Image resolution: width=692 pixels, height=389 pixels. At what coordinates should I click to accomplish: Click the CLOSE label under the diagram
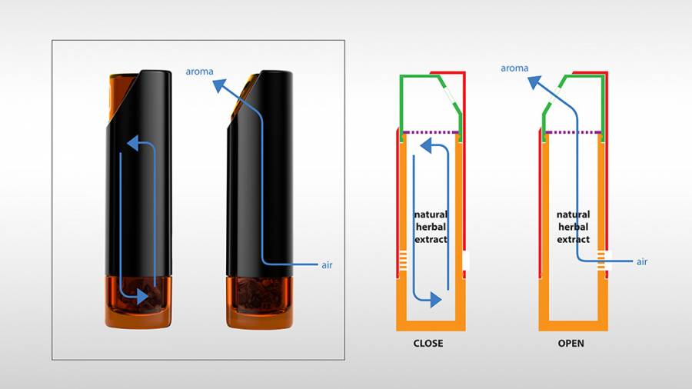428,343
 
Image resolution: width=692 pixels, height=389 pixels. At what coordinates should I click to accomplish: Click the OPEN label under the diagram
571,343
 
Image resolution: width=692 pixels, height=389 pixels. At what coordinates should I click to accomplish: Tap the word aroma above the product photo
199,71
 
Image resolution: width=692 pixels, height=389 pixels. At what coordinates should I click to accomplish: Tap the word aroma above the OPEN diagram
514,68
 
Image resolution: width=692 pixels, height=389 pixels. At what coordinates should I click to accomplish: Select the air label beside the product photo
327,265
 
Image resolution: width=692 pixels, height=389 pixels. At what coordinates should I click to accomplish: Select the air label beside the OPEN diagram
642,261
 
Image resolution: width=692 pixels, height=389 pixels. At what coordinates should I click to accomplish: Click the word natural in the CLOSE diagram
431,214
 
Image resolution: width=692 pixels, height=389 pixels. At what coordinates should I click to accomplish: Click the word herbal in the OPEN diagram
574,227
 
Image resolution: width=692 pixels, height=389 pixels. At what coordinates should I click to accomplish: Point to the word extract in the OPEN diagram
574,239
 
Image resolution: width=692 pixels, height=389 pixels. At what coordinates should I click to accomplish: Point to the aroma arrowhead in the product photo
220,85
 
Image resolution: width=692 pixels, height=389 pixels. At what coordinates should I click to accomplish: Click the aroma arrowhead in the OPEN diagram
534,82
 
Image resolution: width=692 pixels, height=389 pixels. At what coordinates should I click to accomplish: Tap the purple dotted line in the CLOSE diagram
431,132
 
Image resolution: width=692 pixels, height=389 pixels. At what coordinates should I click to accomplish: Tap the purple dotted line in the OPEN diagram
573,132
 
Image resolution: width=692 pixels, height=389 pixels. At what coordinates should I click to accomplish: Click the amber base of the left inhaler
138,302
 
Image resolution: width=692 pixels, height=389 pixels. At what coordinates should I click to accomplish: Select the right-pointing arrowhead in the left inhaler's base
142,297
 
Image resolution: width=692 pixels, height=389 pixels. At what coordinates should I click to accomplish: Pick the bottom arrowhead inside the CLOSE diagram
436,300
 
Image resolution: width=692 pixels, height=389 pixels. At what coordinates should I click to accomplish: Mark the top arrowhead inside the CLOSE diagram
425,145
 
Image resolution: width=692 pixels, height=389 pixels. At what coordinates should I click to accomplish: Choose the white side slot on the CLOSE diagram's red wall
466,261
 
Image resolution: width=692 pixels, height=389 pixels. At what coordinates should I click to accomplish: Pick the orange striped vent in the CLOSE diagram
402,260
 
